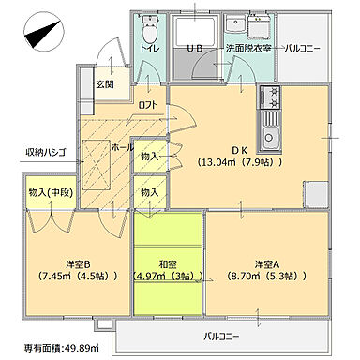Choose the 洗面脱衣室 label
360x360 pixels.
click(247, 47)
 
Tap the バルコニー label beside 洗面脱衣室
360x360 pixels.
click(303, 47)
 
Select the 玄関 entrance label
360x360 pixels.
click(104, 84)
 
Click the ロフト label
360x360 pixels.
click(147, 105)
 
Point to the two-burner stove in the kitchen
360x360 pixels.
click(272, 96)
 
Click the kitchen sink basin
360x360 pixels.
click(272, 142)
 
